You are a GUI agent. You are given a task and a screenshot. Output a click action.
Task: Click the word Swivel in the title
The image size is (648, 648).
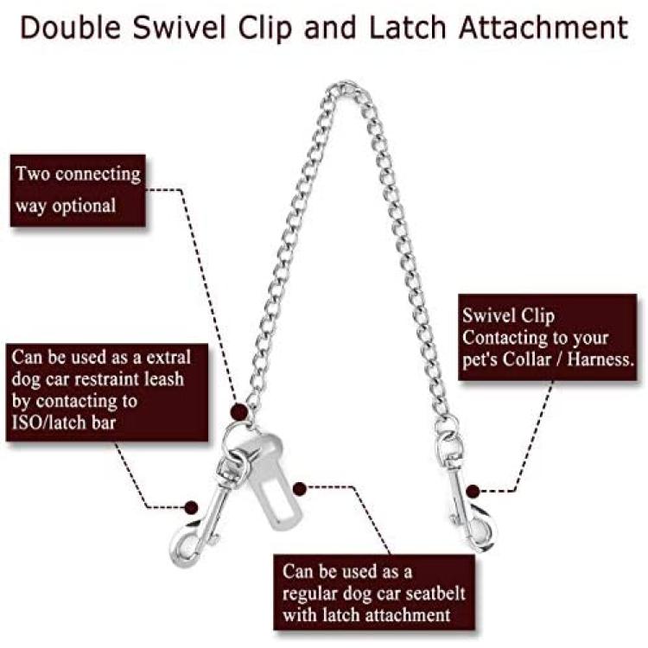point(180,28)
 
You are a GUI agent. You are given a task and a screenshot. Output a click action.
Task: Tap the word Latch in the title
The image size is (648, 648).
point(408,28)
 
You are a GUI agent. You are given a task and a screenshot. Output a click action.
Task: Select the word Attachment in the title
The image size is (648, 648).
point(543,28)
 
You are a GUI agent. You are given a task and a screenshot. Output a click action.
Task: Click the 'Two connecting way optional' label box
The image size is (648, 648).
point(78,190)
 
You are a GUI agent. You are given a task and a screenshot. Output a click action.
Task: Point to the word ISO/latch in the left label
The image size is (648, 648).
point(48,422)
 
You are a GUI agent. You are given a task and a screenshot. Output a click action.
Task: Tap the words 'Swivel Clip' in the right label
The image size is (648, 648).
point(508,315)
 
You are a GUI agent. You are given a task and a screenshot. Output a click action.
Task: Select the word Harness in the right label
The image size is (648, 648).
point(600,359)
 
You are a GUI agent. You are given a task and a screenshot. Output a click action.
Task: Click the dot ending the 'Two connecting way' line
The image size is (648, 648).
point(238,412)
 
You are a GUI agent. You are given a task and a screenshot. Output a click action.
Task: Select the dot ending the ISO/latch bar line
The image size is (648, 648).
point(191,507)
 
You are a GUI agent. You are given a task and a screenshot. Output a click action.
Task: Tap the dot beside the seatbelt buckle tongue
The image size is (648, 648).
point(299,489)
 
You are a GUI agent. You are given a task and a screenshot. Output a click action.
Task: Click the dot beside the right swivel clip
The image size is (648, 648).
point(473,492)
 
